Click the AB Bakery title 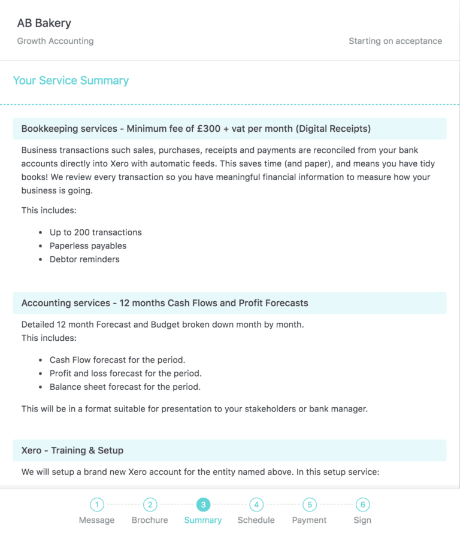pos(44,23)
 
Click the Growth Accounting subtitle pos(55,41)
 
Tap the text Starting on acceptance pos(395,41)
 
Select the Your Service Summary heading pos(71,80)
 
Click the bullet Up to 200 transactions pos(96,232)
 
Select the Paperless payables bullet pos(88,246)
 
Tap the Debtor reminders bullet pos(84,259)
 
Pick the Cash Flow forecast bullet pos(117,360)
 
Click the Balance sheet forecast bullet pos(125,387)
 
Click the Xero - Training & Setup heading pos(72,450)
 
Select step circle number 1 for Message pos(97,505)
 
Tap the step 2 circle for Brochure pos(150,505)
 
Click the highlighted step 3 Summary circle pos(203,505)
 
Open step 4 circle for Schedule pos(256,505)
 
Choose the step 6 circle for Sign pos(362,505)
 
